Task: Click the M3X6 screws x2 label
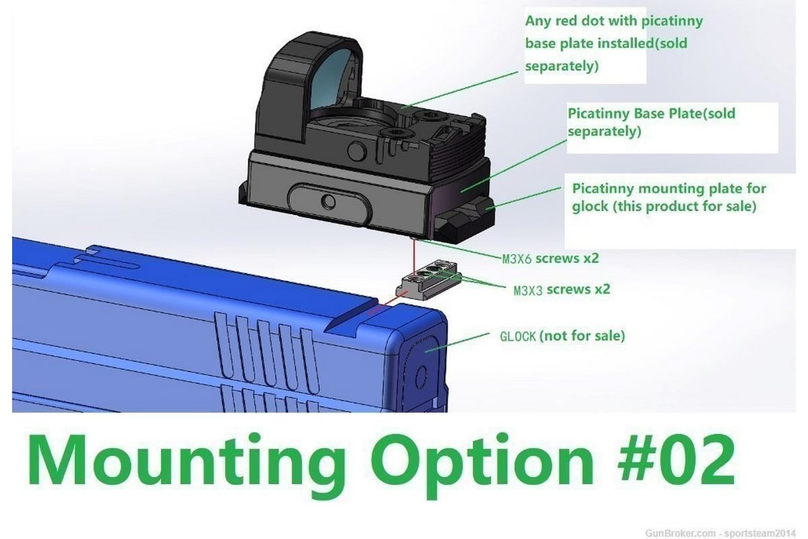tap(551, 259)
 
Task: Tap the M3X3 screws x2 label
tap(562, 290)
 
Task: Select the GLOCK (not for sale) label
tap(562, 336)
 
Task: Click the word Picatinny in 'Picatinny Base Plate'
tap(599, 114)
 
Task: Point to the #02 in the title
tap(676, 462)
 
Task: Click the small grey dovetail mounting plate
tap(428, 279)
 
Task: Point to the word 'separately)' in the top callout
tap(562, 66)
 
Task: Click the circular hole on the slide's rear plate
tap(421, 377)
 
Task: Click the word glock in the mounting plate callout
tap(589, 207)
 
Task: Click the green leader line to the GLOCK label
tap(458, 342)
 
